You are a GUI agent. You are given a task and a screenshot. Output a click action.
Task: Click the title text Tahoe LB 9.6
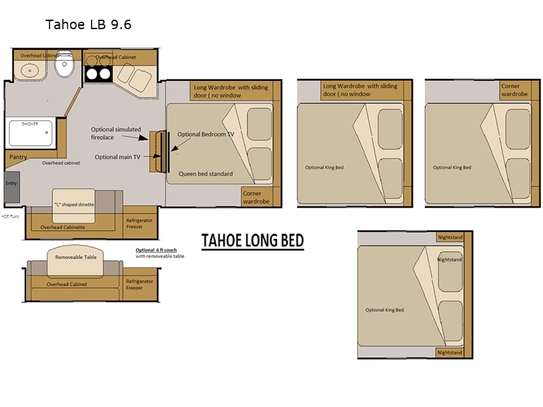pyautogui.click(x=88, y=25)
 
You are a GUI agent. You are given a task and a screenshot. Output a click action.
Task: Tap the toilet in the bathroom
pyautogui.click(x=64, y=66)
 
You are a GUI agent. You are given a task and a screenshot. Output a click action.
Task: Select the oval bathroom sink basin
pyautogui.click(x=30, y=69)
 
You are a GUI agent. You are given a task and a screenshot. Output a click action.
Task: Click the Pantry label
pyautogui.click(x=18, y=157)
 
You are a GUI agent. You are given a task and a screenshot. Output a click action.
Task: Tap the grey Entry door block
pyautogui.click(x=12, y=187)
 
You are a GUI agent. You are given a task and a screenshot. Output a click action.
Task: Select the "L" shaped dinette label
pyautogui.click(x=73, y=204)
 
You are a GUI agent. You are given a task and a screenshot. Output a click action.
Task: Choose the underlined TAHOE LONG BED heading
pyautogui.click(x=252, y=241)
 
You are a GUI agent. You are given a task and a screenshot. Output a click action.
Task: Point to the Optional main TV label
pyautogui.click(x=117, y=157)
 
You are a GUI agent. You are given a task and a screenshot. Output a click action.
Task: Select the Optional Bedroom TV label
pyautogui.click(x=206, y=134)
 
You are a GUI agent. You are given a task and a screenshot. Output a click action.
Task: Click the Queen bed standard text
pyautogui.click(x=206, y=174)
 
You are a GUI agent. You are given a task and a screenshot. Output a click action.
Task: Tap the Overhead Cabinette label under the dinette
pyautogui.click(x=63, y=227)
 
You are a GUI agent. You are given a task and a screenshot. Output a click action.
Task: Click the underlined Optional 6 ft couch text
pyautogui.click(x=157, y=250)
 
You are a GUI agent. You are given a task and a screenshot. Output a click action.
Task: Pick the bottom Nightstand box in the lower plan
pyautogui.click(x=449, y=353)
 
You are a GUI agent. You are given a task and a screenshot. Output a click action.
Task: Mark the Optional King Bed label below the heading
pyautogui.click(x=384, y=310)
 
